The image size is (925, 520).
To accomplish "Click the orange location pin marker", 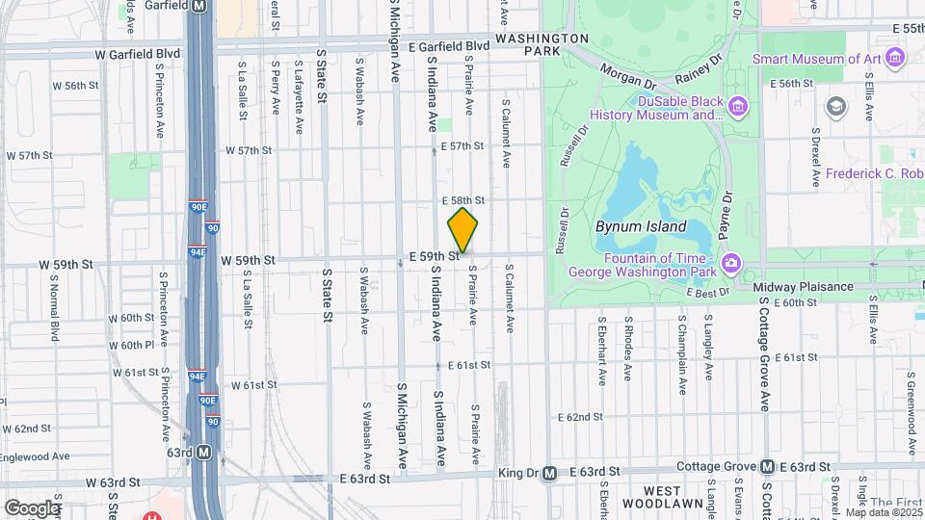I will click(x=462, y=229).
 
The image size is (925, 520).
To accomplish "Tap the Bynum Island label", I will click(x=641, y=227).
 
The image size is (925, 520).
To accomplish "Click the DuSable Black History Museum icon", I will click(x=739, y=104).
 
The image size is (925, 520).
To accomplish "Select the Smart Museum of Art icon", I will click(x=896, y=59).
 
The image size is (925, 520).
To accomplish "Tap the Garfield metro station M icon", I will click(x=200, y=6).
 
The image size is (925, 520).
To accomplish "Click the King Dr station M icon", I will click(x=549, y=473).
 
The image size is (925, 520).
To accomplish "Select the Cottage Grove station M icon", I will click(x=768, y=467).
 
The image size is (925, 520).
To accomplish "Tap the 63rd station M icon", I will click(x=203, y=451).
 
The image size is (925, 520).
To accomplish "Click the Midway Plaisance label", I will click(x=803, y=286).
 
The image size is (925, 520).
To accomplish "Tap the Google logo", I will click(x=32, y=507).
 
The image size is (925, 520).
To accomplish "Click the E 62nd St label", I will click(x=580, y=417).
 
